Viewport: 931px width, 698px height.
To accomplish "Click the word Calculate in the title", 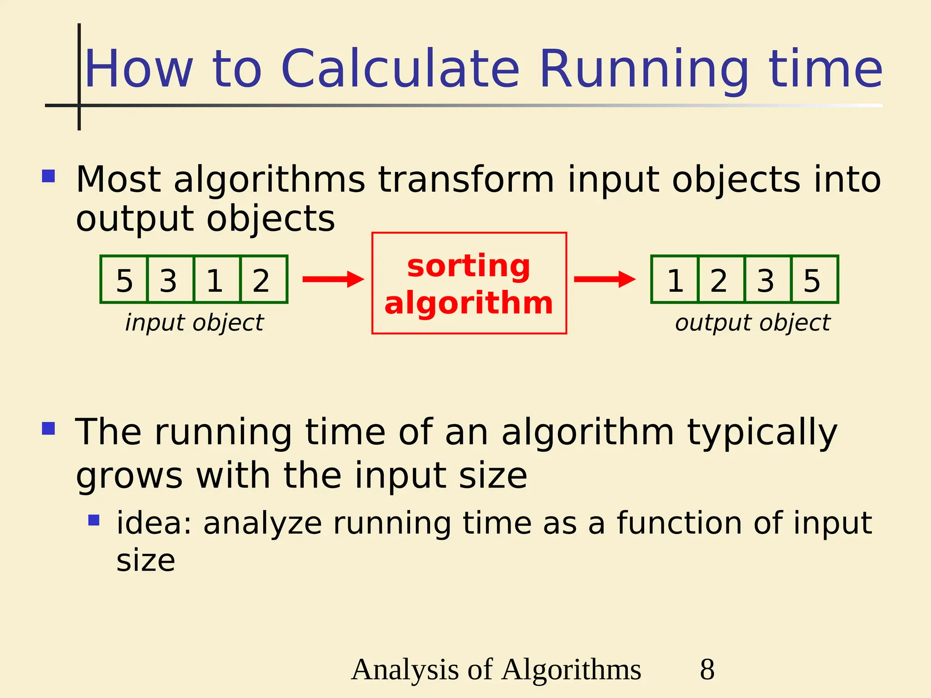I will click(x=400, y=69).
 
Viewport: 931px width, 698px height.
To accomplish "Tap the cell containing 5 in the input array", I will click(x=124, y=280).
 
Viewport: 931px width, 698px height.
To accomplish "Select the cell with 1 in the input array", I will click(x=215, y=280).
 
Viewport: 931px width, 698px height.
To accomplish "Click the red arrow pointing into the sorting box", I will click(x=333, y=279).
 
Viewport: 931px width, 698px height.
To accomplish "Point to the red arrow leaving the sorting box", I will click(x=605, y=279).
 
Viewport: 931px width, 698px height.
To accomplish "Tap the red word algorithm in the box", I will click(x=469, y=303).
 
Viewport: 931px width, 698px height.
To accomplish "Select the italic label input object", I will click(x=194, y=323).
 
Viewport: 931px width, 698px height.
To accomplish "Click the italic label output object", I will click(x=752, y=323).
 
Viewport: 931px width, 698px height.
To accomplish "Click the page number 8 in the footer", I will click(x=707, y=669).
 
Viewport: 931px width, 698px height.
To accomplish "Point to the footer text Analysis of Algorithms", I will click(x=496, y=669).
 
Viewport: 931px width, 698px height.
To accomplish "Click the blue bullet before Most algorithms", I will click(x=48, y=176).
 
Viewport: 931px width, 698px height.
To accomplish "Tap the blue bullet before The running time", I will click(x=48, y=429).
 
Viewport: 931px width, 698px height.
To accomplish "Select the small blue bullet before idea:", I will click(x=94, y=520).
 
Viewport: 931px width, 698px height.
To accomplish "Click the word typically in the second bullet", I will click(x=761, y=433).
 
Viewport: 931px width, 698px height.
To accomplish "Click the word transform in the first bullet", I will click(x=466, y=179).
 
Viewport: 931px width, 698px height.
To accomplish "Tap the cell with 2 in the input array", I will click(x=261, y=280).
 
